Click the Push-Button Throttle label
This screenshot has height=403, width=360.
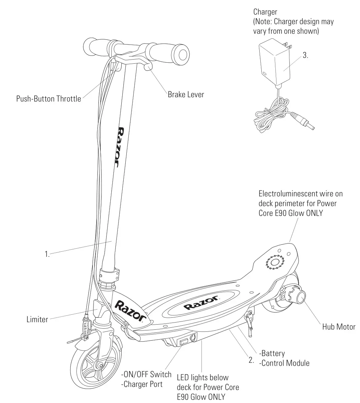(49, 99)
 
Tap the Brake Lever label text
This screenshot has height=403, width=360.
(186, 94)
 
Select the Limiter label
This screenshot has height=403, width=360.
(37, 319)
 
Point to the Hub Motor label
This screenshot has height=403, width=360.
(338, 327)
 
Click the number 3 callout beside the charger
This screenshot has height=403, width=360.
(305, 55)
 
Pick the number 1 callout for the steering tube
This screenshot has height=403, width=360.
(47, 254)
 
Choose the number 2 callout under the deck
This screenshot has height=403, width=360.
(251, 360)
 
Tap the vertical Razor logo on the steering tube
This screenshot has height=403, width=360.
(122, 147)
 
